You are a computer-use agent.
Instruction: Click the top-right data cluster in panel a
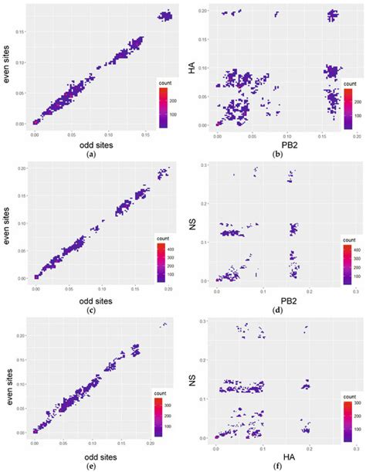tap(164, 15)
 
